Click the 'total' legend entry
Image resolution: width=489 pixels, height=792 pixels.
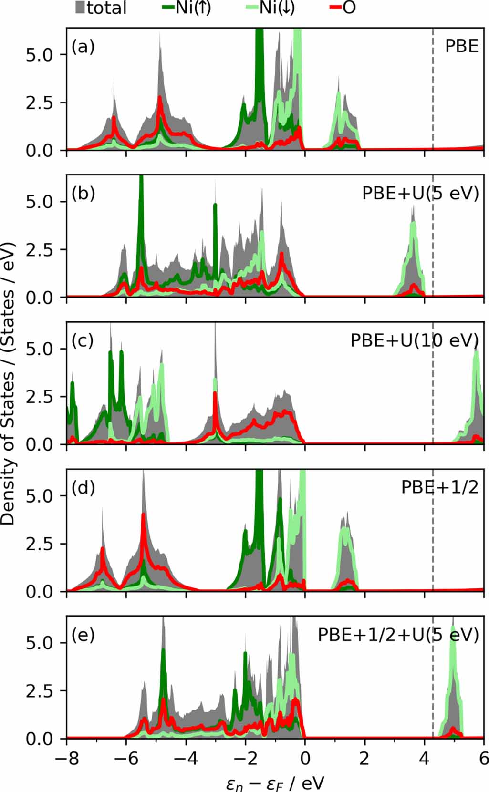click(101, 8)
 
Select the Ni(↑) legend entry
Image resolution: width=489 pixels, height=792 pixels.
click(187, 8)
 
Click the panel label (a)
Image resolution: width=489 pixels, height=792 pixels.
click(83, 47)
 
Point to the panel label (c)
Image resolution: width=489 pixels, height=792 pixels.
click(83, 341)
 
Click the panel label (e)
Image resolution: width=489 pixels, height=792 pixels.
click(83, 635)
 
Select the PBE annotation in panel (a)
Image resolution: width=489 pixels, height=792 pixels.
click(461, 47)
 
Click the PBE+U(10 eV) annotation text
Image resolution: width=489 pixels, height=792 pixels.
click(414, 341)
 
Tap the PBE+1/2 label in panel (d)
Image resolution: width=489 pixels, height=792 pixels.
click(439, 488)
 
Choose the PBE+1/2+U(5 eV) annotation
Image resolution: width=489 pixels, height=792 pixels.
click(398, 635)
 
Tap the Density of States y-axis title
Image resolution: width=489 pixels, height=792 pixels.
click(8, 384)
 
